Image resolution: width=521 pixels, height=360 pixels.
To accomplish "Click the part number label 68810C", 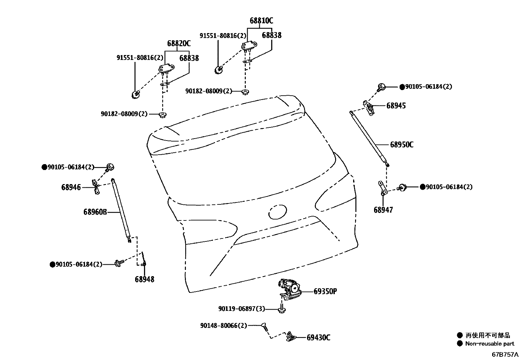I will pyautogui.click(x=261, y=21).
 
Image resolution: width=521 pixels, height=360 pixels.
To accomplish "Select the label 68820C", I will pyautogui.click(x=179, y=44).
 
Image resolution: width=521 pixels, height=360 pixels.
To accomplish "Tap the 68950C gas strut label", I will pyautogui.click(x=402, y=145).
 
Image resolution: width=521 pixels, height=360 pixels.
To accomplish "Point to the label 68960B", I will pyautogui.click(x=95, y=212).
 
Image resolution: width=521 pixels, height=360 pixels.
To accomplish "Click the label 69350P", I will pyautogui.click(x=325, y=291).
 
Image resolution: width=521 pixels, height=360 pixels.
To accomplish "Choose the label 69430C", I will pyautogui.click(x=318, y=337).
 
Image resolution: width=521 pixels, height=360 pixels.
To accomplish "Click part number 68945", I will pyautogui.click(x=396, y=105).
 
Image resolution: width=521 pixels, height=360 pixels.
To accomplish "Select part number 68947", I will pyautogui.click(x=383, y=210).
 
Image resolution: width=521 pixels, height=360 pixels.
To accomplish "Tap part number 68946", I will pyautogui.click(x=71, y=187).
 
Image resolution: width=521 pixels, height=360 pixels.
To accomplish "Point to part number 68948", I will pyautogui.click(x=144, y=279).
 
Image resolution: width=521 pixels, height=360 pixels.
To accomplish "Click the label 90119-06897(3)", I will pyautogui.click(x=242, y=309).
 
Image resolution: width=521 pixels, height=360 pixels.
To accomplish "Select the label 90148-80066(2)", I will pyautogui.click(x=224, y=326).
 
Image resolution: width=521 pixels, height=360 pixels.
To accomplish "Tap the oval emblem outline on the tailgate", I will pyautogui.click(x=278, y=212).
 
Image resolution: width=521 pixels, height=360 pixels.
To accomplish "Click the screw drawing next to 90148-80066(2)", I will pyautogui.click(x=264, y=327).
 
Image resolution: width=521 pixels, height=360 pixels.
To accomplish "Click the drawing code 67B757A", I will pyautogui.click(x=505, y=354).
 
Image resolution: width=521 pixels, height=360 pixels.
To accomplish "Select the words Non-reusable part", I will pyautogui.click(x=490, y=344).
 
